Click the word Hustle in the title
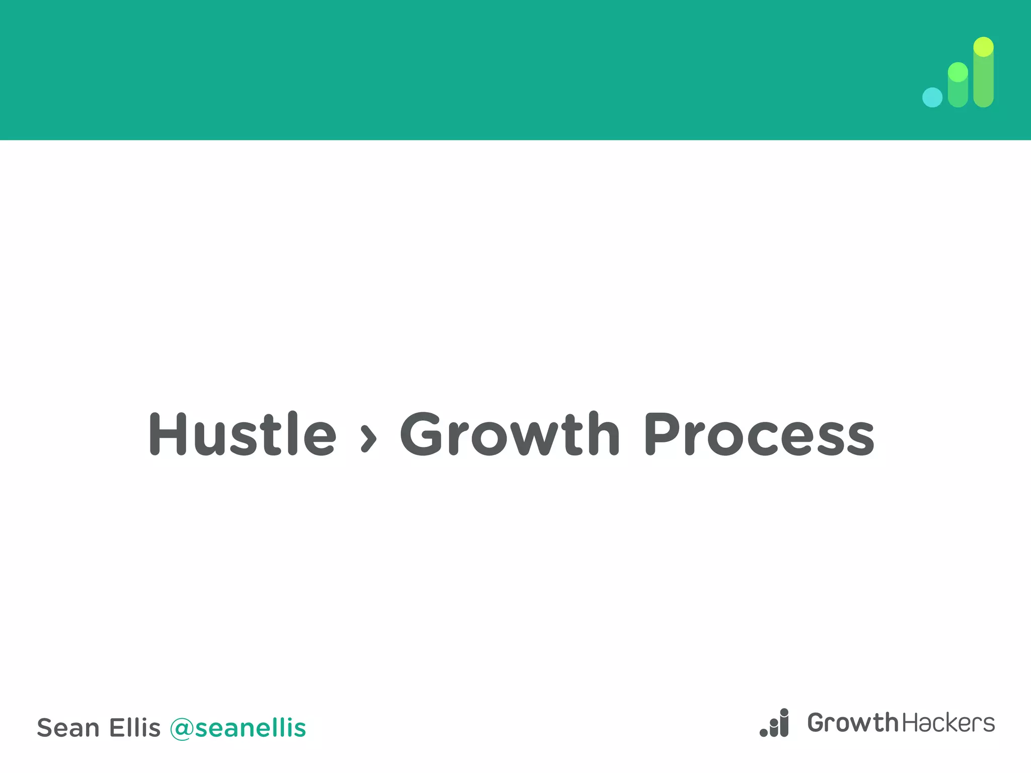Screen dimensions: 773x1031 [242, 434]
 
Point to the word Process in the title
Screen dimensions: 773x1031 [759, 434]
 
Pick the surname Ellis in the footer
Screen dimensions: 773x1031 [135, 728]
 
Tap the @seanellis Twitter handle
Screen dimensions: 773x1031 [238, 728]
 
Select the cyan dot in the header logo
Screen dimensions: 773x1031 [932, 98]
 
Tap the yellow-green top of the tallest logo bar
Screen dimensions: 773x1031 [983, 47]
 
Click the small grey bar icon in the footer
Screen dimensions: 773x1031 [774, 723]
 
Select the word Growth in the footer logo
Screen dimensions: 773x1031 [852, 723]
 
